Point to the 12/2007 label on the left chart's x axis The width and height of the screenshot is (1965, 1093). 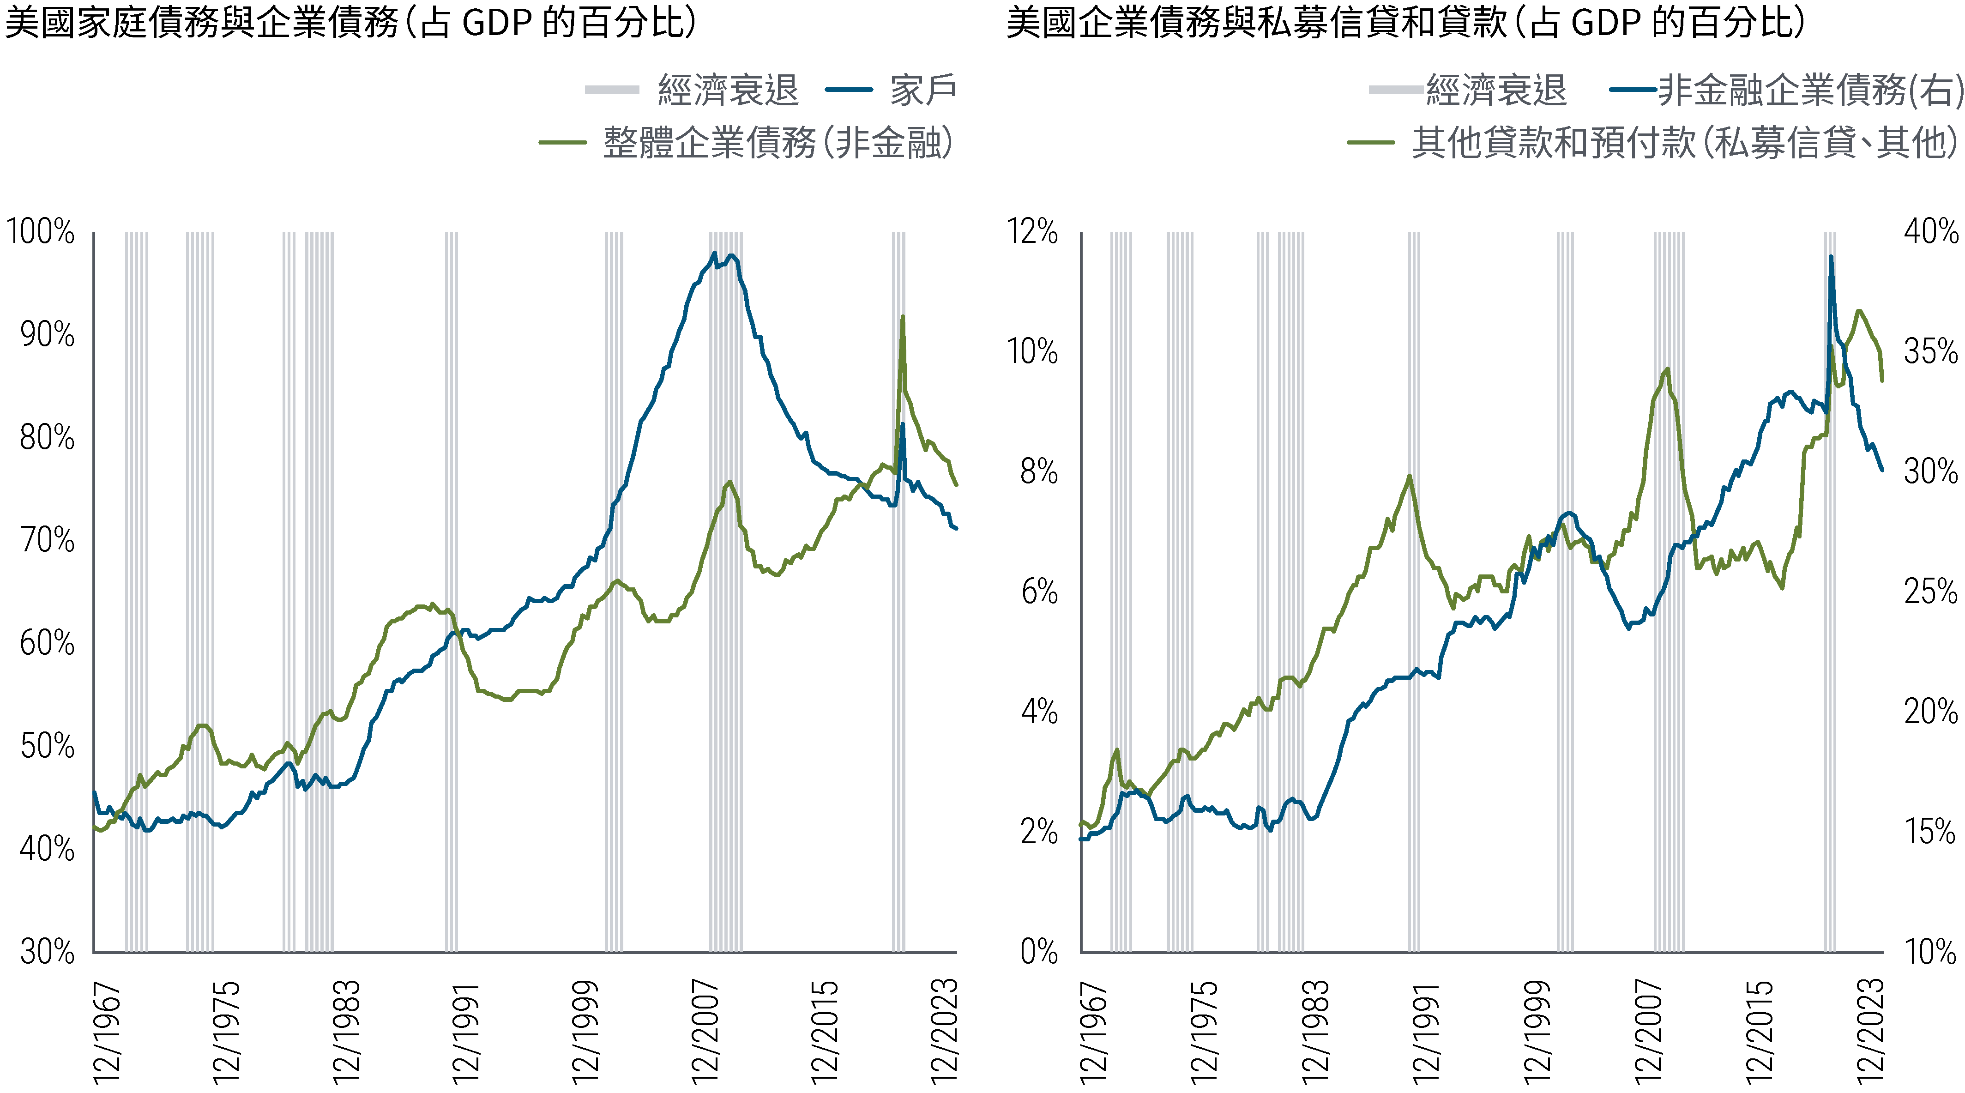point(705,1031)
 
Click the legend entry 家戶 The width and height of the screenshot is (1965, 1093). point(922,90)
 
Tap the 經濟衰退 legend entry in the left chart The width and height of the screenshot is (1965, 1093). point(728,90)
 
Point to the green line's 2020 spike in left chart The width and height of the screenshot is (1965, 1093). point(903,316)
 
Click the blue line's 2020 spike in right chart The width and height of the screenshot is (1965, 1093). point(1831,257)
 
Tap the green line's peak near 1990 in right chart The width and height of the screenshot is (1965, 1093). point(1409,476)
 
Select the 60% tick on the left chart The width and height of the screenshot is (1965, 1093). point(47,643)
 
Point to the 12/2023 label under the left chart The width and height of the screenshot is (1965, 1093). point(944,1031)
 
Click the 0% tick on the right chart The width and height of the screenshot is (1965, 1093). point(1039,951)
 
